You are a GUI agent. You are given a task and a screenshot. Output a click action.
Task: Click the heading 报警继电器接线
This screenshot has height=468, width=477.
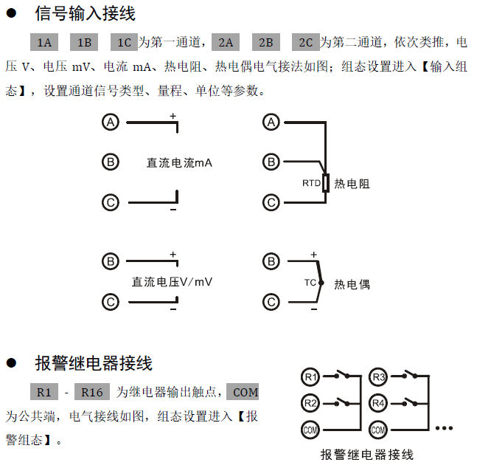(94, 363)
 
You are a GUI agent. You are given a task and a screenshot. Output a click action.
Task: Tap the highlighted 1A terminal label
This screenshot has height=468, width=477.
(43, 43)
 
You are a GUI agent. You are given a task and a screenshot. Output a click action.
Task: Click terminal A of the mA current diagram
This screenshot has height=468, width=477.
(111, 123)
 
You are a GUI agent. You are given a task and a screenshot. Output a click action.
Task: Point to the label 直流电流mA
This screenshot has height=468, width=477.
(179, 162)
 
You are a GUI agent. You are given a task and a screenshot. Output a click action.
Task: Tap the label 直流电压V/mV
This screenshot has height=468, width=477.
(172, 281)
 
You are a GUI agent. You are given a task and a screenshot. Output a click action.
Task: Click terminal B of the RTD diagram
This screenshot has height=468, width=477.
(272, 162)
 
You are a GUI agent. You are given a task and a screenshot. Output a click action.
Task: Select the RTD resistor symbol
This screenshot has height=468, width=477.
(325, 183)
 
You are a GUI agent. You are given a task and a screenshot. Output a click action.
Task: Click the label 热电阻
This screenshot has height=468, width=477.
(352, 184)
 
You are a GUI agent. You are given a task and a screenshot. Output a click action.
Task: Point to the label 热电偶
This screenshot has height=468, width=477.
(352, 283)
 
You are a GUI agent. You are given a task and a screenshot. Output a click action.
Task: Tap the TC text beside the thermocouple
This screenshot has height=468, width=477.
(310, 283)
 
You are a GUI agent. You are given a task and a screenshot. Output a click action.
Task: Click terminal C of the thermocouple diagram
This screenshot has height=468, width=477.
(272, 301)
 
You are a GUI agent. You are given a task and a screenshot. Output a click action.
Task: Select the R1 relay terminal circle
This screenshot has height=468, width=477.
(310, 378)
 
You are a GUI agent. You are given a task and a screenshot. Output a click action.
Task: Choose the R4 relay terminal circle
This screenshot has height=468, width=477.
(378, 403)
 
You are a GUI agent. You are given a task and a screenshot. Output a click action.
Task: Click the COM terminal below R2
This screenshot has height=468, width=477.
(310, 429)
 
